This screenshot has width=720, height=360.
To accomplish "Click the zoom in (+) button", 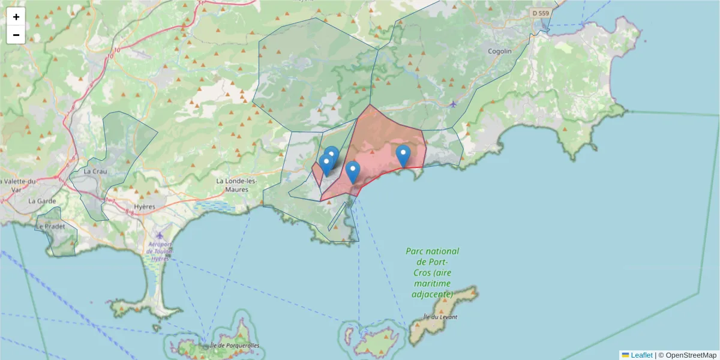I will click(16, 17).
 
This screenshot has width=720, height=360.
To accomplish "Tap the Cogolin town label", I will click(500, 51).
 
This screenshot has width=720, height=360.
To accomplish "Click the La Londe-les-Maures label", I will click(236, 185).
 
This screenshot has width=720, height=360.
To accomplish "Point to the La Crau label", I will click(95, 171).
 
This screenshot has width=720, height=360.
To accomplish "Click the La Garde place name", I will click(41, 201).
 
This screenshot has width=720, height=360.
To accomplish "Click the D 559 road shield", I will click(540, 13).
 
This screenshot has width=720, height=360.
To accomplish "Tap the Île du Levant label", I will click(440, 317).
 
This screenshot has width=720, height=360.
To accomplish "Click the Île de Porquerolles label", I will click(235, 346).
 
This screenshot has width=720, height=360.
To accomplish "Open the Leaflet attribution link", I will click(641, 355).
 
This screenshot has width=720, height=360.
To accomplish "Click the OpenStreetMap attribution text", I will click(687, 355).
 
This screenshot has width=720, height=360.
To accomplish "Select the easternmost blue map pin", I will click(404, 155).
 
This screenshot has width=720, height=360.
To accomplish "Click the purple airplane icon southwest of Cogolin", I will click(452, 104).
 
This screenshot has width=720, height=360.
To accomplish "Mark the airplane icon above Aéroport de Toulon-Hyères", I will click(158, 235).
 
